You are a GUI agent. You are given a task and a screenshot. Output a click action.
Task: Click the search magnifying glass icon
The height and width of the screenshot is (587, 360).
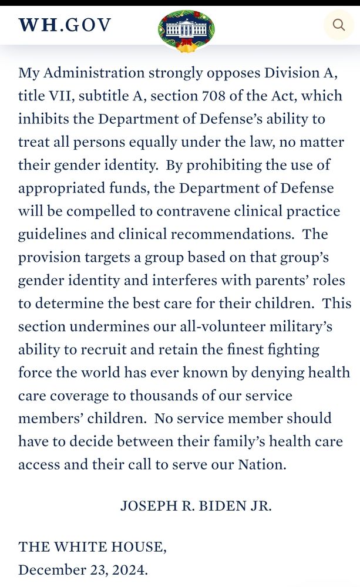coord(339,25)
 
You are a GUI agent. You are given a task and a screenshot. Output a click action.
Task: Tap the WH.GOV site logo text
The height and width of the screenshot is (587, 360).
coord(65,25)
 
